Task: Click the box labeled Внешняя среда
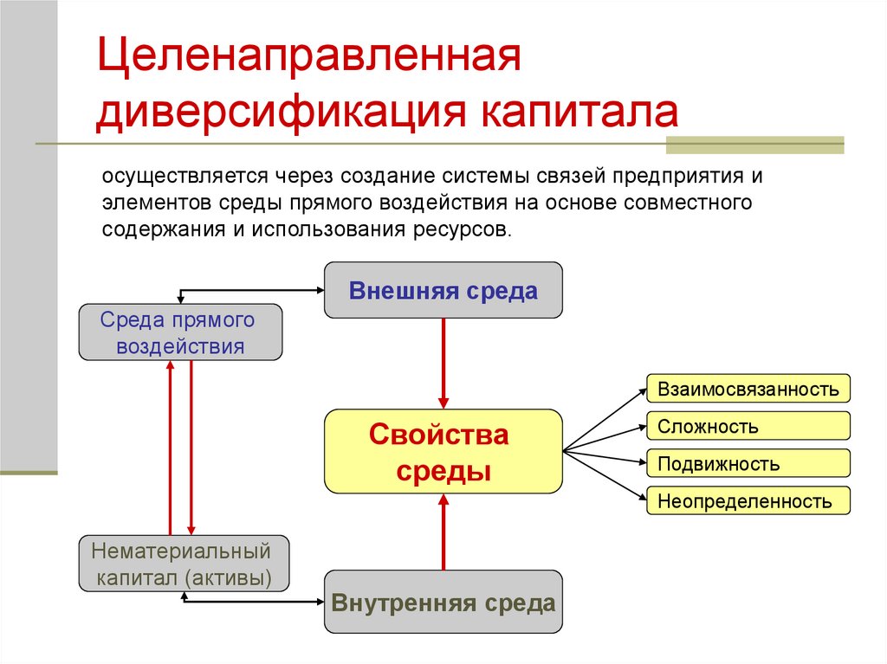pyautogui.click(x=443, y=291)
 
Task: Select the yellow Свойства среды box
pyautogui.click(x=443, y=451)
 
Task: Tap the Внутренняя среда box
pyautogui.click(x=443, y=602)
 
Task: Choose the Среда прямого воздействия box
pyautogui.click(x=180, y=332)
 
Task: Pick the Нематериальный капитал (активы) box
pyautogui.click(x=184, y=564)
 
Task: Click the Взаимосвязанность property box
pyautogui.click(x=748, y=389)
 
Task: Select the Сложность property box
pyautogui.click(x=748, y=426)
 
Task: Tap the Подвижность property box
pyautogui.click(x=748, y=463)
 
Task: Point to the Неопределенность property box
pyautogui.click(x=748, y=500)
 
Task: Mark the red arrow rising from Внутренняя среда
pyautogui.click(x=443, y=532)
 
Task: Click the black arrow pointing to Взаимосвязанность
pyautogui.click(x=605, y=419)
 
